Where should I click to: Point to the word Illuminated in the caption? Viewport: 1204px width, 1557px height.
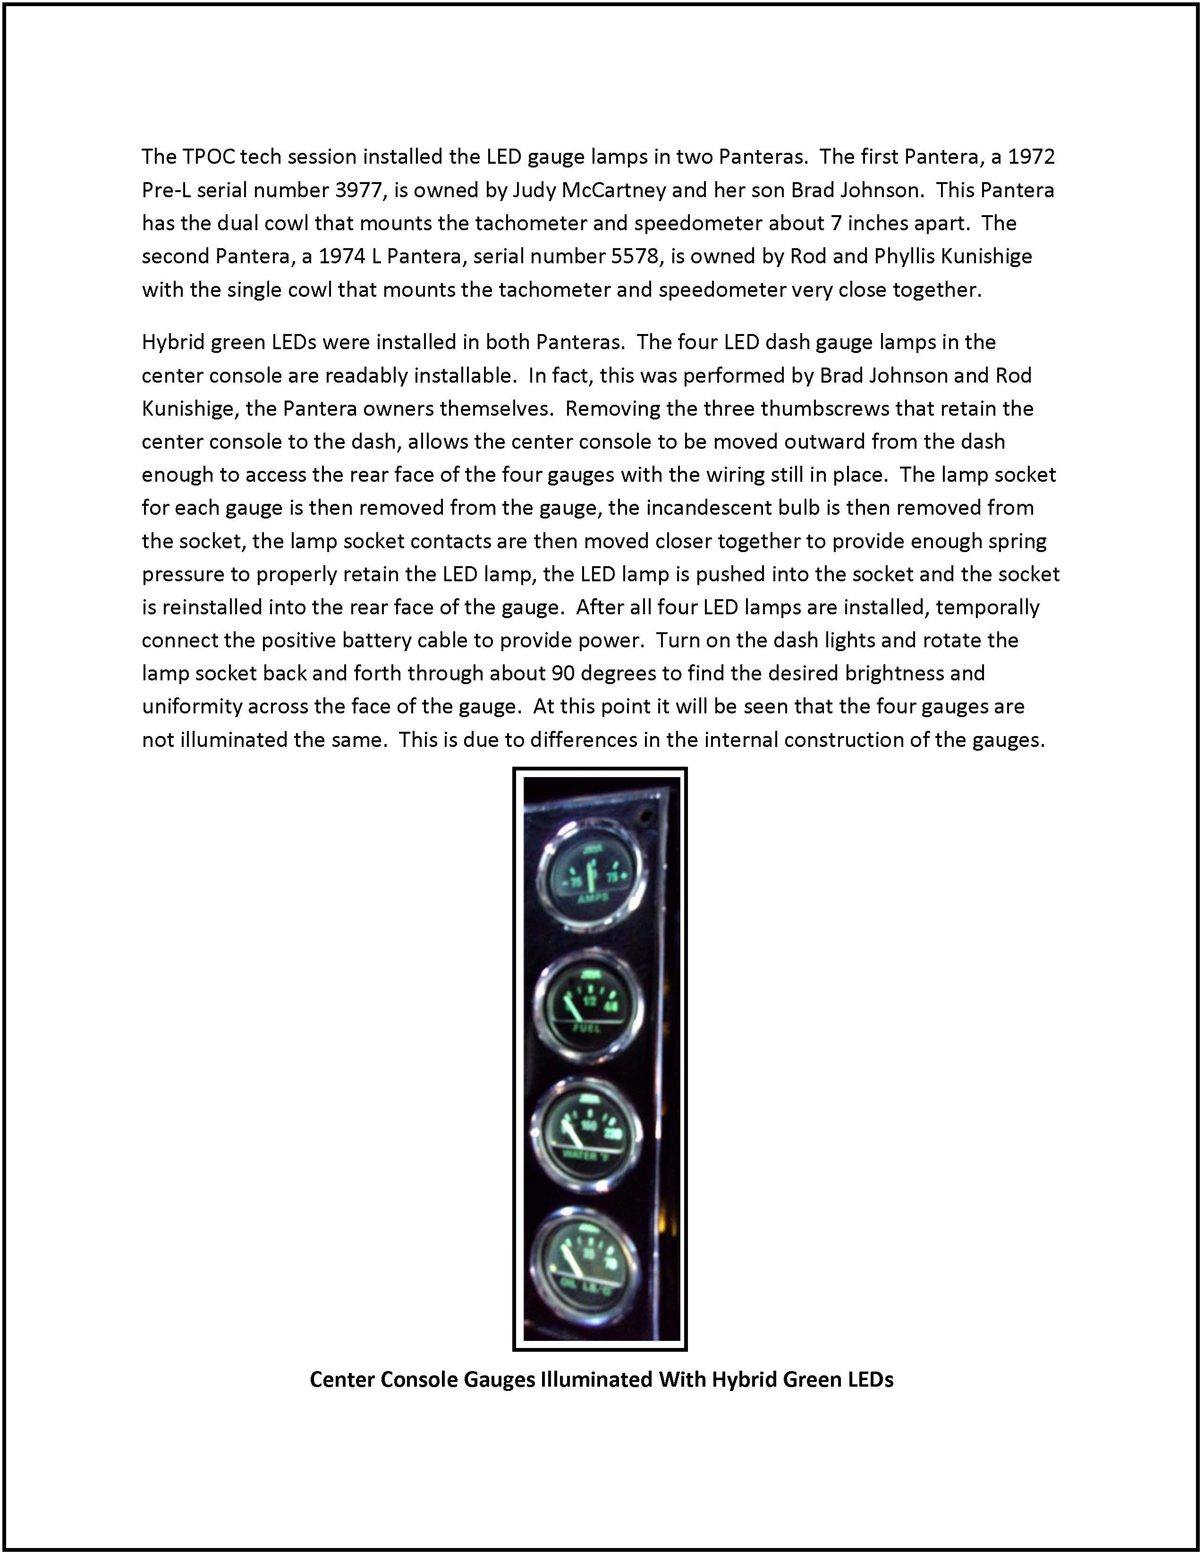click(595, 1380)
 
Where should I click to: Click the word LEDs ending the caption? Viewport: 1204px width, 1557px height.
click(866, 1380)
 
